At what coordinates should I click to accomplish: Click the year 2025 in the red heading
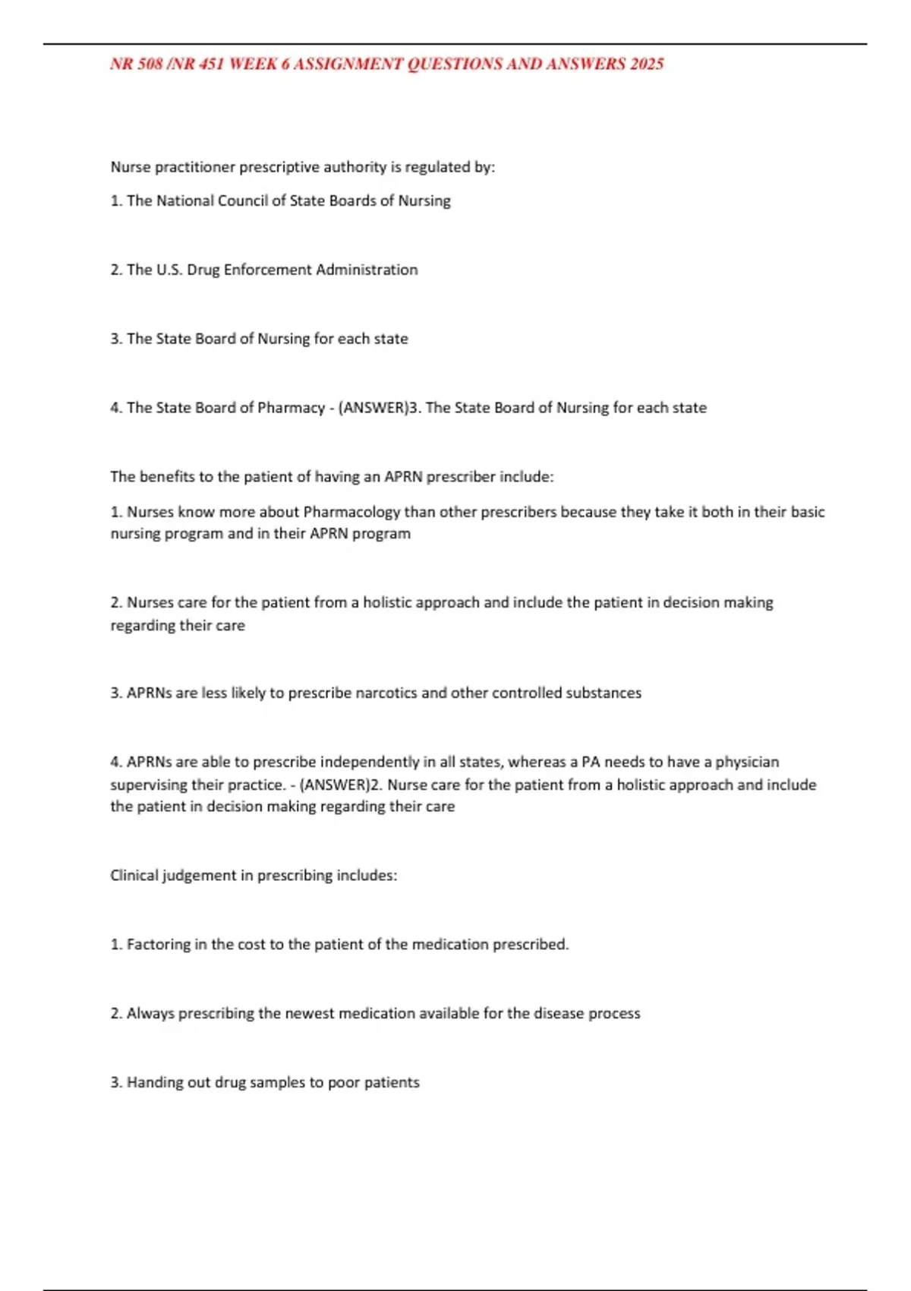[646, 65]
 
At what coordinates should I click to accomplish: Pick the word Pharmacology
[351, 512]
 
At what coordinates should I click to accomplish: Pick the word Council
[242, 200]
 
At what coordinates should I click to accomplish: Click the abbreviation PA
[591, 762]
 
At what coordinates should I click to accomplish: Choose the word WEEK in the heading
[253, 65]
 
